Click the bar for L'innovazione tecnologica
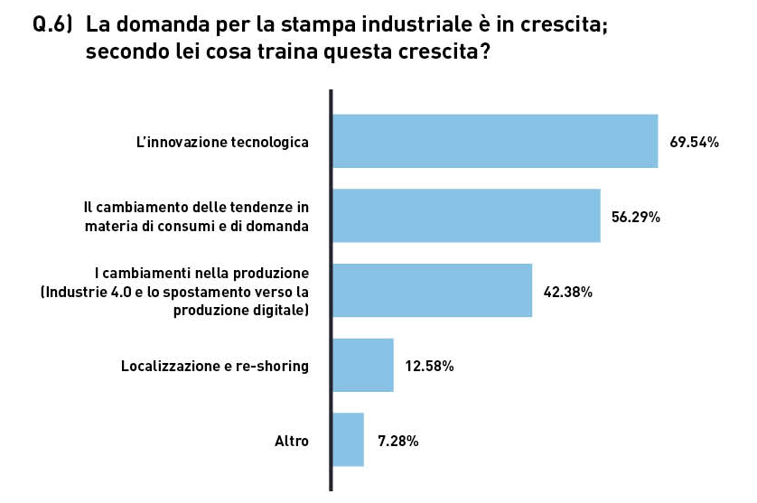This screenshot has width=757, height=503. [495, 141]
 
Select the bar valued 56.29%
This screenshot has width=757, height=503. [466, 216]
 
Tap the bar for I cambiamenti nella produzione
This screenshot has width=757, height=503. [432, 291]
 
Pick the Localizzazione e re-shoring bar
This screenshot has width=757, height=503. [363, 366]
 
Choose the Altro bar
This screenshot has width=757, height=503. [348, 441]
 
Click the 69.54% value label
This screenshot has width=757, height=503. [694, 142]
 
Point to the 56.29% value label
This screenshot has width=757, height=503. [636, 217]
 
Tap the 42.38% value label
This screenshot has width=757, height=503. [567, 292]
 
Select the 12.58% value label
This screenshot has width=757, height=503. [429, 367]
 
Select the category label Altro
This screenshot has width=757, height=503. [292, 442]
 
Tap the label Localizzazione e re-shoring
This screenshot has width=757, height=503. [215, 367]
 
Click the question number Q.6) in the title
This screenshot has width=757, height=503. [52, 26]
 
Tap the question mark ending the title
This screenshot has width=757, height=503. [485, 51]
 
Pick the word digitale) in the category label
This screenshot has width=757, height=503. [279, 310]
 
